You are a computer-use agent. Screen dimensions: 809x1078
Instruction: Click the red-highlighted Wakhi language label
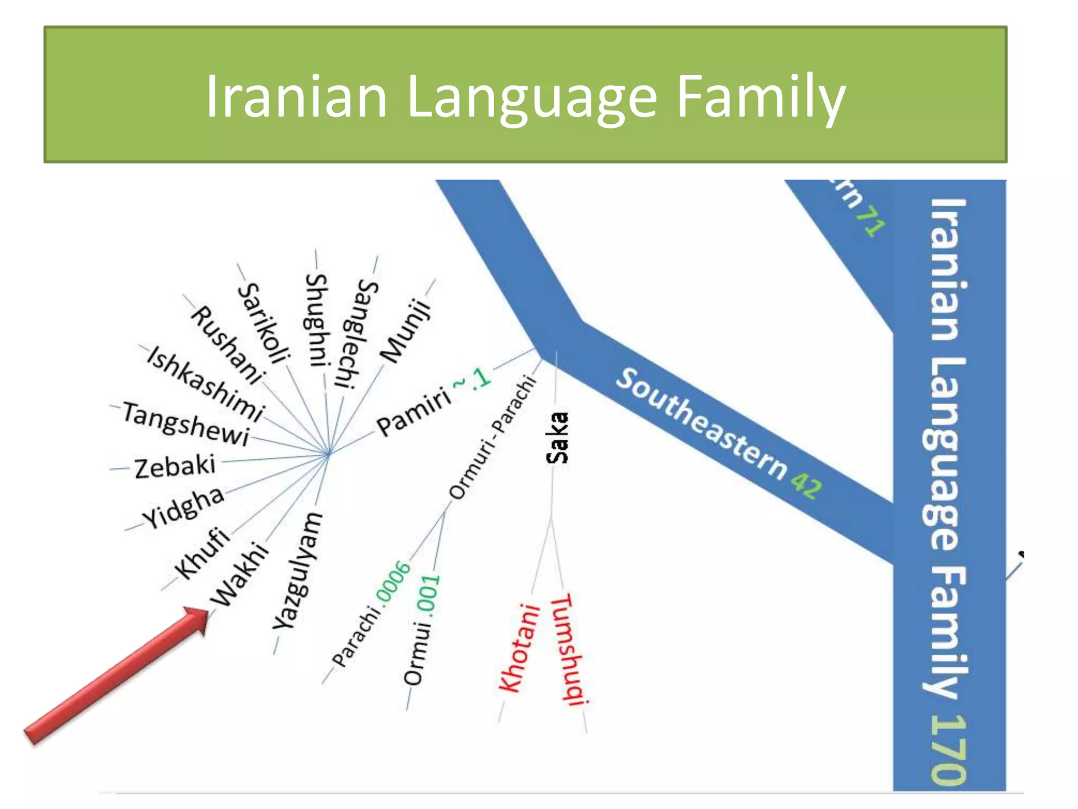(239, 574)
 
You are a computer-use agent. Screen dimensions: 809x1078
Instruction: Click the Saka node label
(557, 438)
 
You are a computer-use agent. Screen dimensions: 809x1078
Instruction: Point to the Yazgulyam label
(298, 571)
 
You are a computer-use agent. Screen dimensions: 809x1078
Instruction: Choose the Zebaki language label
(175, 467)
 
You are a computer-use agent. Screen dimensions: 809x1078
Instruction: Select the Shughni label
(318, 320)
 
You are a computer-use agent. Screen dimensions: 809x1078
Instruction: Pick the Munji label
(406, 331)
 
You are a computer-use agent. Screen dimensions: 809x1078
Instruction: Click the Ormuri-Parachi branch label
(493, 437)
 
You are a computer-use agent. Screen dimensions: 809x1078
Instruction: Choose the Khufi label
(203, 553)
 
